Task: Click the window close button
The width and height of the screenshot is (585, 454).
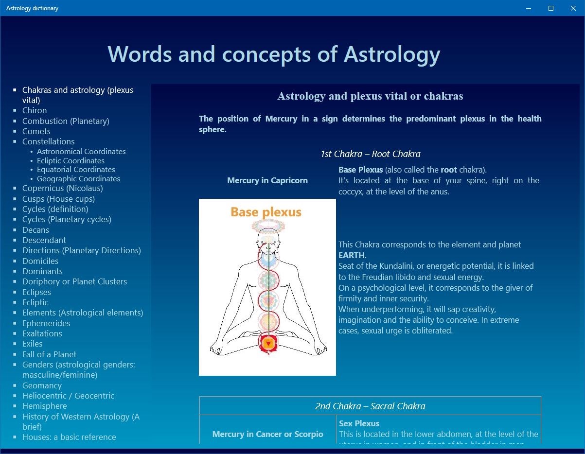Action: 573,8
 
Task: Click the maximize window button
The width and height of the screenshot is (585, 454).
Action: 551,8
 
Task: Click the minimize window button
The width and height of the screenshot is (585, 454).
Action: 529,8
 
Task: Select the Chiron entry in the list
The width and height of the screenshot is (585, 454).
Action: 35,110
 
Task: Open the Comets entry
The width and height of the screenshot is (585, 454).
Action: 36,131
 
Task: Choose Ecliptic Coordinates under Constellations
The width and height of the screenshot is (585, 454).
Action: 71,161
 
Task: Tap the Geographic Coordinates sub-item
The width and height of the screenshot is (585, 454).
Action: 78,179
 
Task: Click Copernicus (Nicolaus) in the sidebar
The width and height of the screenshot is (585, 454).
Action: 62,189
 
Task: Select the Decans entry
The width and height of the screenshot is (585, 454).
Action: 35,230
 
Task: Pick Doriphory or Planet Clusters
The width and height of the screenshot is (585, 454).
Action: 74,281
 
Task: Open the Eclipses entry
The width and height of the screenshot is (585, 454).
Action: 36,292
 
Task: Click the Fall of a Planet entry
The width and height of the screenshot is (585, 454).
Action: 49,354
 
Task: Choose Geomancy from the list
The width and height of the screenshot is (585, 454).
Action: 42,385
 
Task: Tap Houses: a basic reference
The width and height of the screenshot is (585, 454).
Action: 69,437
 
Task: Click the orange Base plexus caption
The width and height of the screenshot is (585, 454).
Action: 266,212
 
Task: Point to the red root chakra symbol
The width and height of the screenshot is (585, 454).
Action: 268,344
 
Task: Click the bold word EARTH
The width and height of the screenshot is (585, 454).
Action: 351,255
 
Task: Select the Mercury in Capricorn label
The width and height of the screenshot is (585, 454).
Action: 267,180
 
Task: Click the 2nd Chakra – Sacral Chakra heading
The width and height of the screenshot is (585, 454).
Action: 370,406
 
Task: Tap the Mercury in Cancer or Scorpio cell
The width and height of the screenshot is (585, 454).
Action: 267,434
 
